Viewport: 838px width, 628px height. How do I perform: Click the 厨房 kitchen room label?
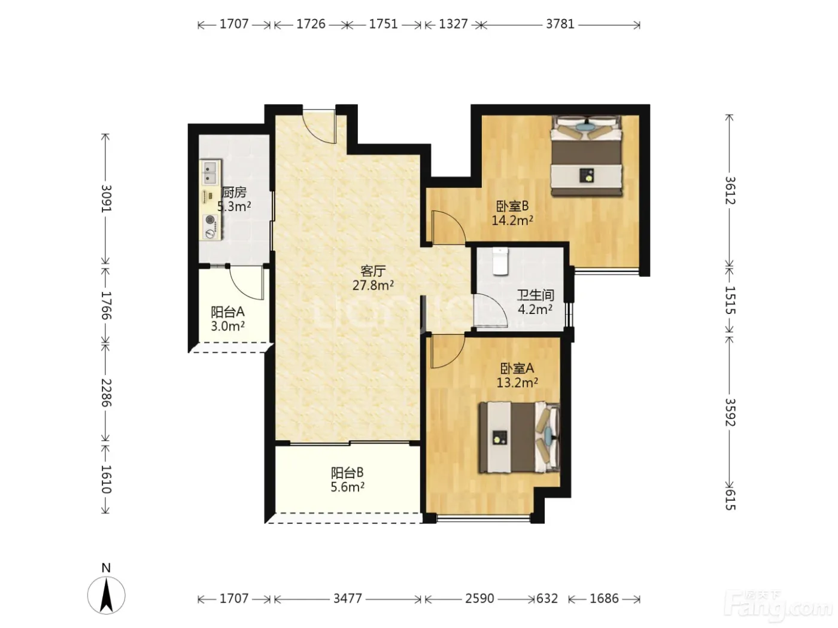tap(233, 192)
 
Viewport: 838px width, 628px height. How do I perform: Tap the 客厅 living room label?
tap(373, 271)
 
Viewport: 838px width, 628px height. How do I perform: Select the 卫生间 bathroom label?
tap(535, 295)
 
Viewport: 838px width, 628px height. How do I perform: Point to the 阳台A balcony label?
tap(227, 312)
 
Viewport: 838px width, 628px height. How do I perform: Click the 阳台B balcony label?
tap(347, 473)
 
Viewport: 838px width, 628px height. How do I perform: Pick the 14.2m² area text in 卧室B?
tap(512, 220)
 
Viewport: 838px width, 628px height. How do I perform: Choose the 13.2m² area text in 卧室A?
tap(517, 382)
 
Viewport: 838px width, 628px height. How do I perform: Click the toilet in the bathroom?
tap(500, 261)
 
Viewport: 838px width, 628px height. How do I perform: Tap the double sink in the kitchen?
tap(210, 172)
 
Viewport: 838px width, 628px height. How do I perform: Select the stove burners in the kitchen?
tap(210, 226)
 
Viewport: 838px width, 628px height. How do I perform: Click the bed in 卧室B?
tap(585, 156)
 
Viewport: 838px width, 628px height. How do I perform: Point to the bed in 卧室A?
tap(520, 437)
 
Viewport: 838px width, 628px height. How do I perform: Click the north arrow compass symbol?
tap(106, 595)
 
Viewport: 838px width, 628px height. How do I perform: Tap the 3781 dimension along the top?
tap(560, 25)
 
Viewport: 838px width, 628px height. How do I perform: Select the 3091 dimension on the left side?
tap(107, 199)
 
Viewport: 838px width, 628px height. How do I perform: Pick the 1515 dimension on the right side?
tap(730, 300)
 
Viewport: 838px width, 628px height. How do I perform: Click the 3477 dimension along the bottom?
tap(347, 598)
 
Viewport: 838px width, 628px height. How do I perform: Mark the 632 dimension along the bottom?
tap(547, 598)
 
